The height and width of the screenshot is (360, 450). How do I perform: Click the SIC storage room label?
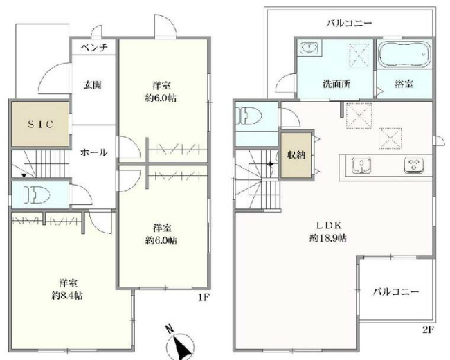click(x=39, y=124)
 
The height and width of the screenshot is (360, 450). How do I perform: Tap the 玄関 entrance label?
click(x=93, y=85)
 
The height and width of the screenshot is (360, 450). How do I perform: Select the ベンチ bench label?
click(x=93, y=48)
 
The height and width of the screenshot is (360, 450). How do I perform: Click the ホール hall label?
click(x=93, y=152)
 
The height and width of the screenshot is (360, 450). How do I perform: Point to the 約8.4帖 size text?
click(x=67, y=296)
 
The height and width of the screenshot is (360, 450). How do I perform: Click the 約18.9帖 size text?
click(x=327, y=237)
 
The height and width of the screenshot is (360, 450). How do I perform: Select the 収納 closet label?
click(x=296, y=155)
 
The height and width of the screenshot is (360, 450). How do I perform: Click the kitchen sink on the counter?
click(x=359, y=167)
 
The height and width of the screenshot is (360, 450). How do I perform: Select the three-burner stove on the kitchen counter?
click(x=414, y=166)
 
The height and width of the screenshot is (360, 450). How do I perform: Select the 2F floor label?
click(x=427, y=329)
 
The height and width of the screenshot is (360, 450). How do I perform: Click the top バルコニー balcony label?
click(x=350, y=24)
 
